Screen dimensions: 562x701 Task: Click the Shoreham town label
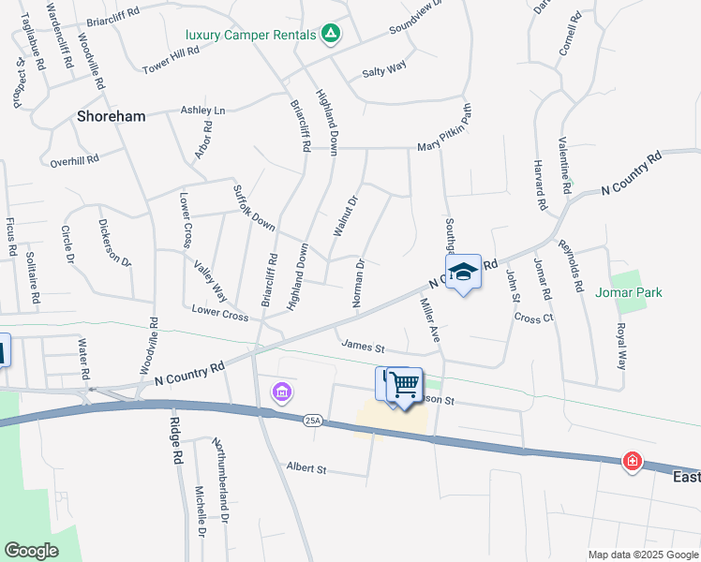tap(111, 116)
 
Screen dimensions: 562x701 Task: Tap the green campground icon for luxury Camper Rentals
tap(330, 35)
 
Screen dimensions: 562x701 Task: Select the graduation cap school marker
tap(463, 273)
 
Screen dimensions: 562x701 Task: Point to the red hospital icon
tap(634, 461)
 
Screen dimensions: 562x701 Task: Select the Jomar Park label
tap(628, 292)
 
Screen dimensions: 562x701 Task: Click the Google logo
tap(31, 550)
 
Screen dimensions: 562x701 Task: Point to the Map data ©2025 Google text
tap(642, 555)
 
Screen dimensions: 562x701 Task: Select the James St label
tap(364, 346)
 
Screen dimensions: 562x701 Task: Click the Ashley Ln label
tap(203, 110)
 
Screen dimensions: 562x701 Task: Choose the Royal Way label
tap(619, 346)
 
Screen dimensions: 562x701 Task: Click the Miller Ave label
tap(429, 318)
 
